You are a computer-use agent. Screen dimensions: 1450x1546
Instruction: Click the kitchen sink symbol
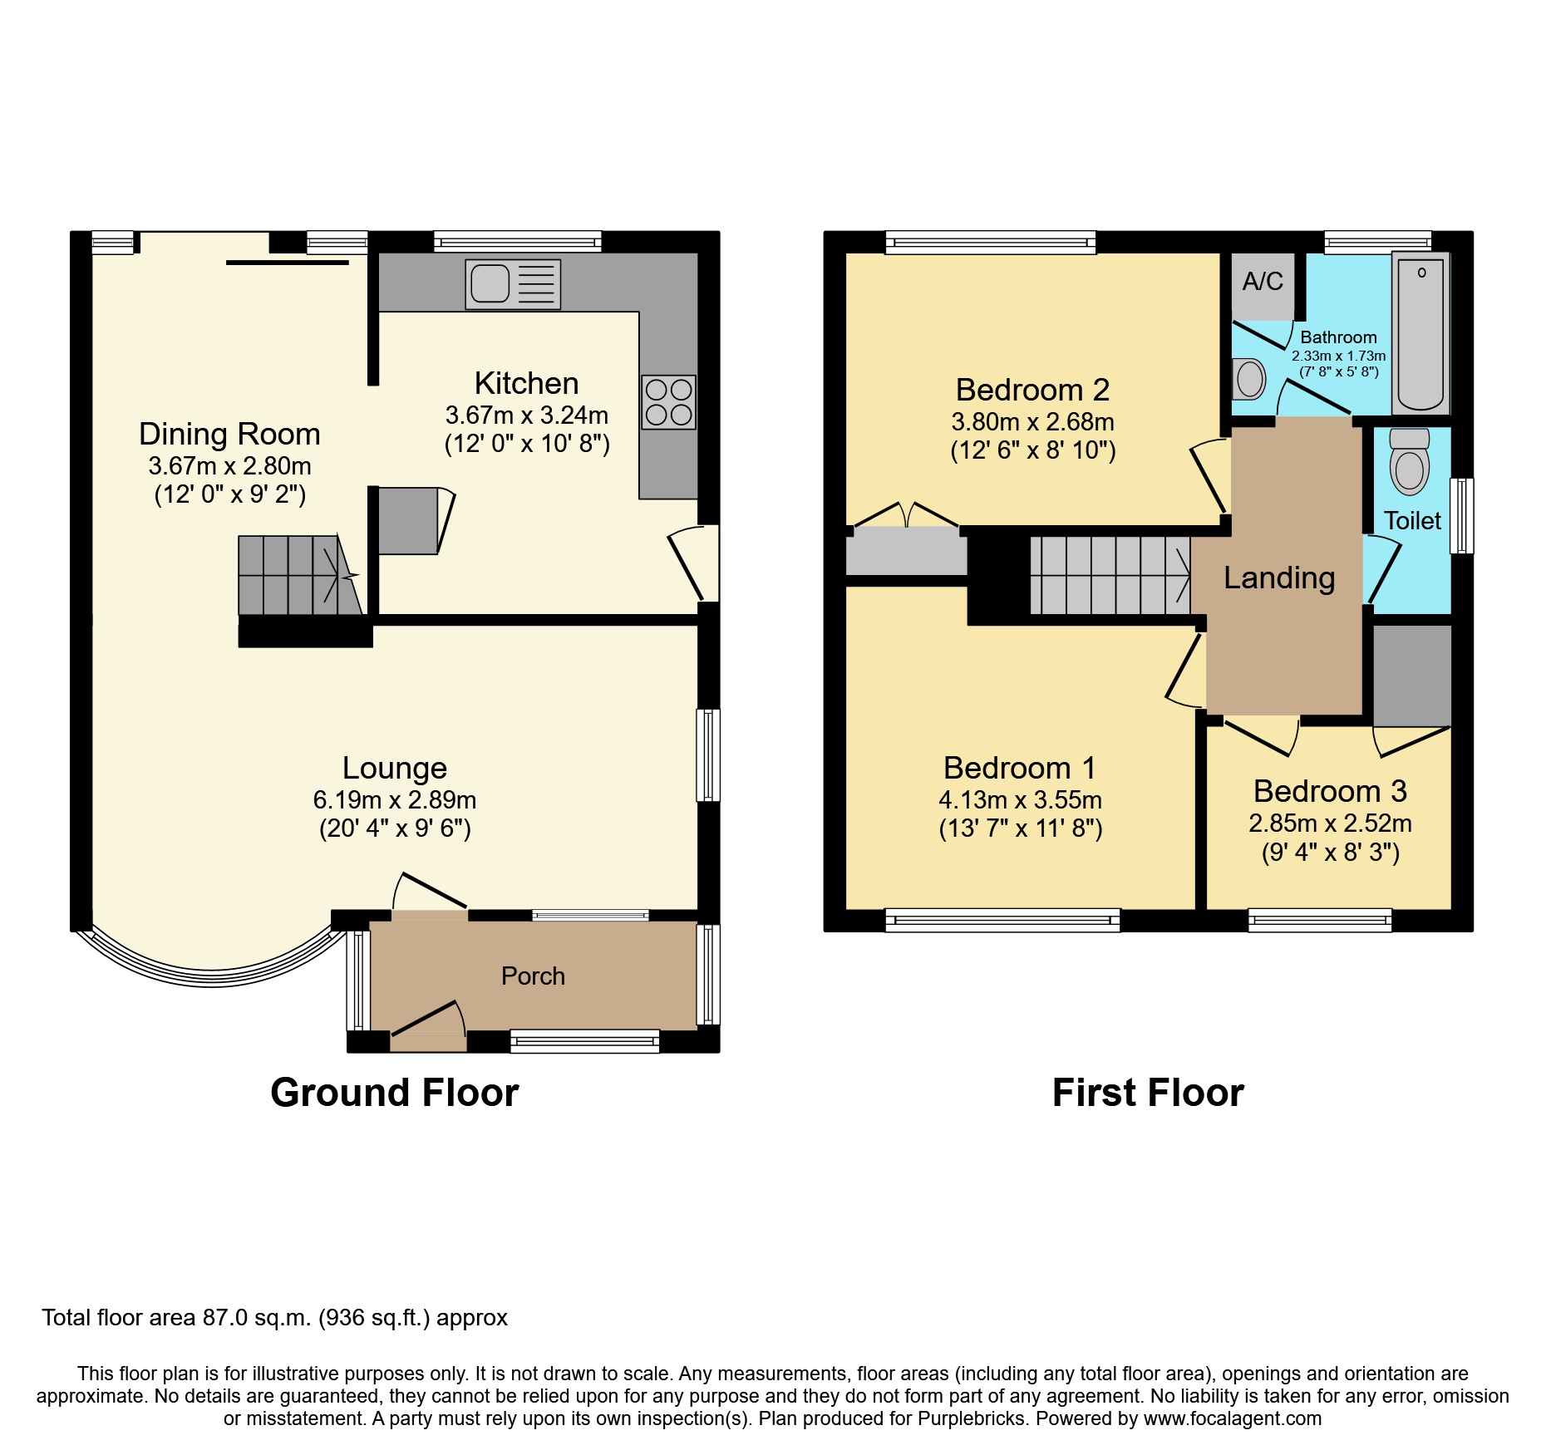pos(513,284)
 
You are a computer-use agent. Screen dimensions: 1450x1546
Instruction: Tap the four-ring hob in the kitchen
pos(668,402)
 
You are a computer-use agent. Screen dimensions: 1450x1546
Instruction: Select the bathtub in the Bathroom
pos(1420,334)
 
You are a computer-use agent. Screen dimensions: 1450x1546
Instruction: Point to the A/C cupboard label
pos(1263,282)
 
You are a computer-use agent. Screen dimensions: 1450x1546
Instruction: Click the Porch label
pos(533,976)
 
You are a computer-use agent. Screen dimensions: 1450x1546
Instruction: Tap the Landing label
pos(1279,578)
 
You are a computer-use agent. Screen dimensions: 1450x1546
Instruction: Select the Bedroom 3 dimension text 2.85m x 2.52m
pos(1330,823)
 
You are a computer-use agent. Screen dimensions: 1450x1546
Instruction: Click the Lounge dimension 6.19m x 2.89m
pos(394,800)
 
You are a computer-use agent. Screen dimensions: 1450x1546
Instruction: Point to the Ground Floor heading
pos(394,1092)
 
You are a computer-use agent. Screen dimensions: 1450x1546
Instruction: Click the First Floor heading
pos(1148,1092)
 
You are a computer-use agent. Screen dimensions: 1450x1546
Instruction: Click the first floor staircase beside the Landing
pos(1110,575)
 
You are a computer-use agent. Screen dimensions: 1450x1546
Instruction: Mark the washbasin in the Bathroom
pos(1248,380)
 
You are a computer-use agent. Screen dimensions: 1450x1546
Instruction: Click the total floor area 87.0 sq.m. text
pos(274,1318)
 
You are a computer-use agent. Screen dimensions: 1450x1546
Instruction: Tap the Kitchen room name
pos(526,383)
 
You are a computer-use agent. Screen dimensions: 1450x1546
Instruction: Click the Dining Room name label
pos(229,434)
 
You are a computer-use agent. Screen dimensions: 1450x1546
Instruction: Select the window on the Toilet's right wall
pos(1462,515)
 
